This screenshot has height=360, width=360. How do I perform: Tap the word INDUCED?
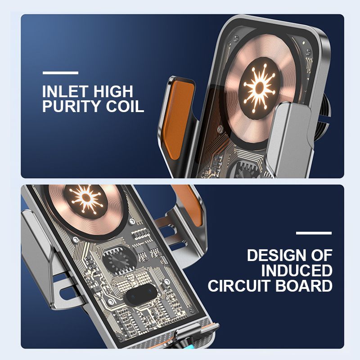tap(297, 271)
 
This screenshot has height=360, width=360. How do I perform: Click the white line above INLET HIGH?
tap(60, 73)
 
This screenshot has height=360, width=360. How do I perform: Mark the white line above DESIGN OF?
tap(314, 233)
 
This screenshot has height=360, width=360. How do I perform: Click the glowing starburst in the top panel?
tap(260, 87)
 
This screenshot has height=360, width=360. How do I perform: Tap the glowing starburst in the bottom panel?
tap(85, 198)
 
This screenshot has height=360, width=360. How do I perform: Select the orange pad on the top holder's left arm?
tap(178, 119)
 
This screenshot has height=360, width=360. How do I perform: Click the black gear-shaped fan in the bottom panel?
tap(119, 261)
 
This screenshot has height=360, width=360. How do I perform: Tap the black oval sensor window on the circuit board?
tap(142, 294)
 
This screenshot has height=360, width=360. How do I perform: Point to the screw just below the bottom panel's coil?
tap(75, 240)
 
